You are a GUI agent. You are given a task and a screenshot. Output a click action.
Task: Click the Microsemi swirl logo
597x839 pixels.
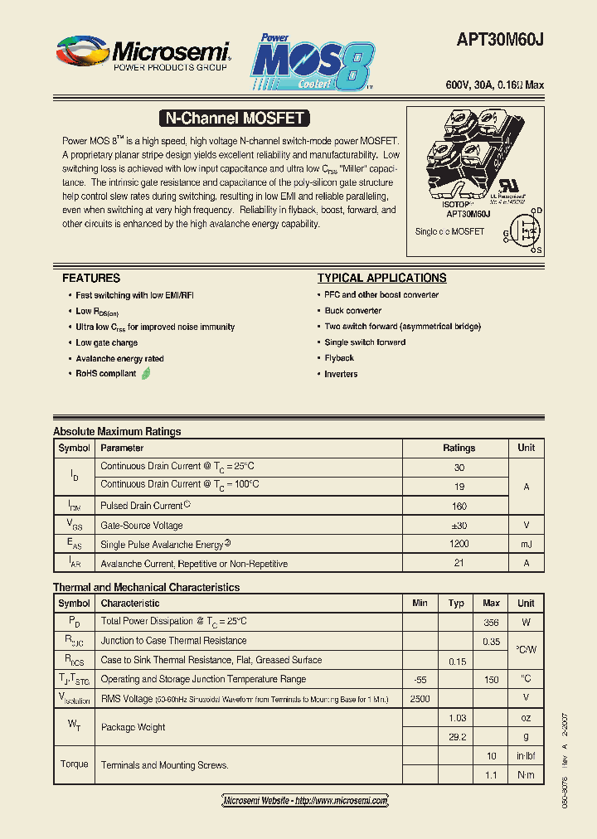(x=82, y=52)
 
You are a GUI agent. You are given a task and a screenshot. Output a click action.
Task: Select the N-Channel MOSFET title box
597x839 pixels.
(x=235, y=119)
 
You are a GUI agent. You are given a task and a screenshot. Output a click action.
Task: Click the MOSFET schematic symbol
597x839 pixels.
(x=524, y=230)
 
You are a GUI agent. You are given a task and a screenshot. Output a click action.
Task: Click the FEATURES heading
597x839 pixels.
(x=91, y=279)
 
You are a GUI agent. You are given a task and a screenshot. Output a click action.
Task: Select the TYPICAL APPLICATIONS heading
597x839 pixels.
(x=381, y=279)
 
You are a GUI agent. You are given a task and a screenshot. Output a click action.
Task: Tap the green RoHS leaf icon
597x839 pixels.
(x=146, y=374)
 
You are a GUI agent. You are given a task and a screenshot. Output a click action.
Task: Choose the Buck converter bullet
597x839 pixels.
(x=353, y=311)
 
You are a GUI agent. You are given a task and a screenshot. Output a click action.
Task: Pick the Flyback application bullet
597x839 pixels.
(x=339, y=358)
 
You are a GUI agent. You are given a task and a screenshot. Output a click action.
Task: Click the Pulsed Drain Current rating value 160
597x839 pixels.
(x=459, y=506)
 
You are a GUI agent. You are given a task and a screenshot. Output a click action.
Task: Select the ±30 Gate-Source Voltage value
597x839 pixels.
(x=459, y=526)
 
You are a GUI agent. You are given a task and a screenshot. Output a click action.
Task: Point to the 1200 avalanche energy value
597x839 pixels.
(x=459, y=545)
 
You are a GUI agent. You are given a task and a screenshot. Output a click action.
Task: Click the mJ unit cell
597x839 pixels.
(x=526, y=545)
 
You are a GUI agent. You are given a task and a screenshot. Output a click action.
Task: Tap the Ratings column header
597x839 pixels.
(x=459, y=448)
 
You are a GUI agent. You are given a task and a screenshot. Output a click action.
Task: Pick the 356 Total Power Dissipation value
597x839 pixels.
(x=491, y=622)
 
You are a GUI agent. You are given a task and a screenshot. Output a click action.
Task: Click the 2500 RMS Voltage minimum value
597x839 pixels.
(x=420, y=699)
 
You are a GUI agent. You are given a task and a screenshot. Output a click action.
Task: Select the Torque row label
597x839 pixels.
(x=74, y=764)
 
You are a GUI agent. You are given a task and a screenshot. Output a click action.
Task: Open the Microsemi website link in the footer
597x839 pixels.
(x=305, y=801)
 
